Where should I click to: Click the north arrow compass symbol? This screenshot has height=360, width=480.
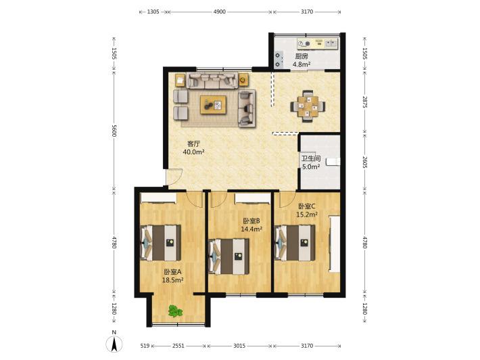pyautogui.click(x=114, y=343)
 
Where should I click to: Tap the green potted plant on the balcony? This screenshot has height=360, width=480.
pyautogui.click(x=175, y=311)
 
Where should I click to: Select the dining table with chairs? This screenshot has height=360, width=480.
pyautogui.click(x=308, y=106)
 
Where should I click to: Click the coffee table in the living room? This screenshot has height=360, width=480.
pyautogui.click(x=214, y=105)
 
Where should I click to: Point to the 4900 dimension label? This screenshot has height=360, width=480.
pyautogui.click(x=219, y=12)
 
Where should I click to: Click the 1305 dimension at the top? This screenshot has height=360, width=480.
pyautogui.click(x=153, y=12)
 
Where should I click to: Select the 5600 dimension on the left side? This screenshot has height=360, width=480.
pyautogui.click(x=114, y=131)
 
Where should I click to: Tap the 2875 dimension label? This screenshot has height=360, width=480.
pyautogui.click(x=364, y=102)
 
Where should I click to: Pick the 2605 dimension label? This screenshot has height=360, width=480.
pyautogui.click(x=364, y=162)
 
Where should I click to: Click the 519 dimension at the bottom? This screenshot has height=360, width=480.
pyautogui.click(x=145, y=346)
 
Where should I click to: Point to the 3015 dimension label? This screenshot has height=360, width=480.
pyautogui.click(x=239, y=346)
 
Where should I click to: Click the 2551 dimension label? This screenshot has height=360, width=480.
pyautogui.click(x=178, y=346)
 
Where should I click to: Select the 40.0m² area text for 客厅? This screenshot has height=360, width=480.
pyautogui.click(x=193, y=152)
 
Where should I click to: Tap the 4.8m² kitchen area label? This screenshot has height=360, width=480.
pyautogui.click(x=302, y=64)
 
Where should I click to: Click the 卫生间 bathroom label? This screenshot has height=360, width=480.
pyautogui.click(x=311, y=159)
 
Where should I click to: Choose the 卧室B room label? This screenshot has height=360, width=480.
pyautogui.click(x=251, y=221)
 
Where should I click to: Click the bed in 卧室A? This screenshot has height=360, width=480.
pyautogui.click(x=160, y=243)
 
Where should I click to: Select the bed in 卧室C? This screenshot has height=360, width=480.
pyautogui.click(x=295, y=243)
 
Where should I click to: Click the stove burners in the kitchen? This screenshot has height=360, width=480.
pyautogui.click(x=278, y=60)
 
